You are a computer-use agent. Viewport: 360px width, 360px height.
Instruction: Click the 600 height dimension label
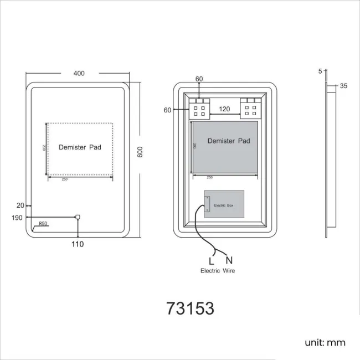(140, 152)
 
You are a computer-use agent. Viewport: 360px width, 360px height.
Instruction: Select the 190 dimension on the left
(17, 217)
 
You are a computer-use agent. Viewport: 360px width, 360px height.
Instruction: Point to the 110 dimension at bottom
(77, 244)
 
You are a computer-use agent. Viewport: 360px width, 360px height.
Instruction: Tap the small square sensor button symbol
(78, 217)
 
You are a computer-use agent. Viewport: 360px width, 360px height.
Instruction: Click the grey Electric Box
(224, 204)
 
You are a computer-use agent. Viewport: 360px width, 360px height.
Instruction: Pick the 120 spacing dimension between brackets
(224, 109)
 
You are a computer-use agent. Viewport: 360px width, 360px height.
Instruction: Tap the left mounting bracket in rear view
(199, 108)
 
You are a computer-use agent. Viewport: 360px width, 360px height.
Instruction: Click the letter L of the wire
(211, 260)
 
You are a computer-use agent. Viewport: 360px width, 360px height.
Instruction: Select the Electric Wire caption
(217, 271)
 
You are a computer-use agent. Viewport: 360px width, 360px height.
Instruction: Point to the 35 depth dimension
(343, 86)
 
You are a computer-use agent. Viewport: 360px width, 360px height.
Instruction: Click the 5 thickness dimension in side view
(320, 71)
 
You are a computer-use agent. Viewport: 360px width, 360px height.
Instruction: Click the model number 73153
(190, 308)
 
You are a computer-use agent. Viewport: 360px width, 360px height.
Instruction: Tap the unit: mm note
(325, 343)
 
